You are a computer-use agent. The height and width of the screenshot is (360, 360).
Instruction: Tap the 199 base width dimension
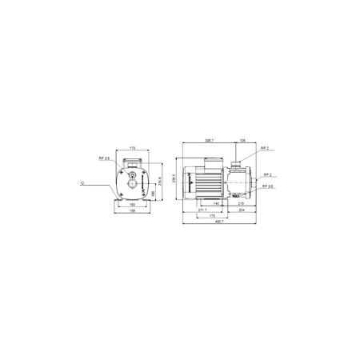[132, 212]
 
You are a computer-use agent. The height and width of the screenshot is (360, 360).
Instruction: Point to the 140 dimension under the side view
[215, 203]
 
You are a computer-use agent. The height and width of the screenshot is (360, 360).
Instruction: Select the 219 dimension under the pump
[241, 203]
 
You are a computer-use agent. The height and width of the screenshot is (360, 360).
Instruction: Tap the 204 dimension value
[242, 209]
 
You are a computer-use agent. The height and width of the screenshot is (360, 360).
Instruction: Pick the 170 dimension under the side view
[212, 215]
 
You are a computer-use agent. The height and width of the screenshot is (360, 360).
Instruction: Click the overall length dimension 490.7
[220, 222]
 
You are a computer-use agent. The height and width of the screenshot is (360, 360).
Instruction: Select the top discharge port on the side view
[238, 165]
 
